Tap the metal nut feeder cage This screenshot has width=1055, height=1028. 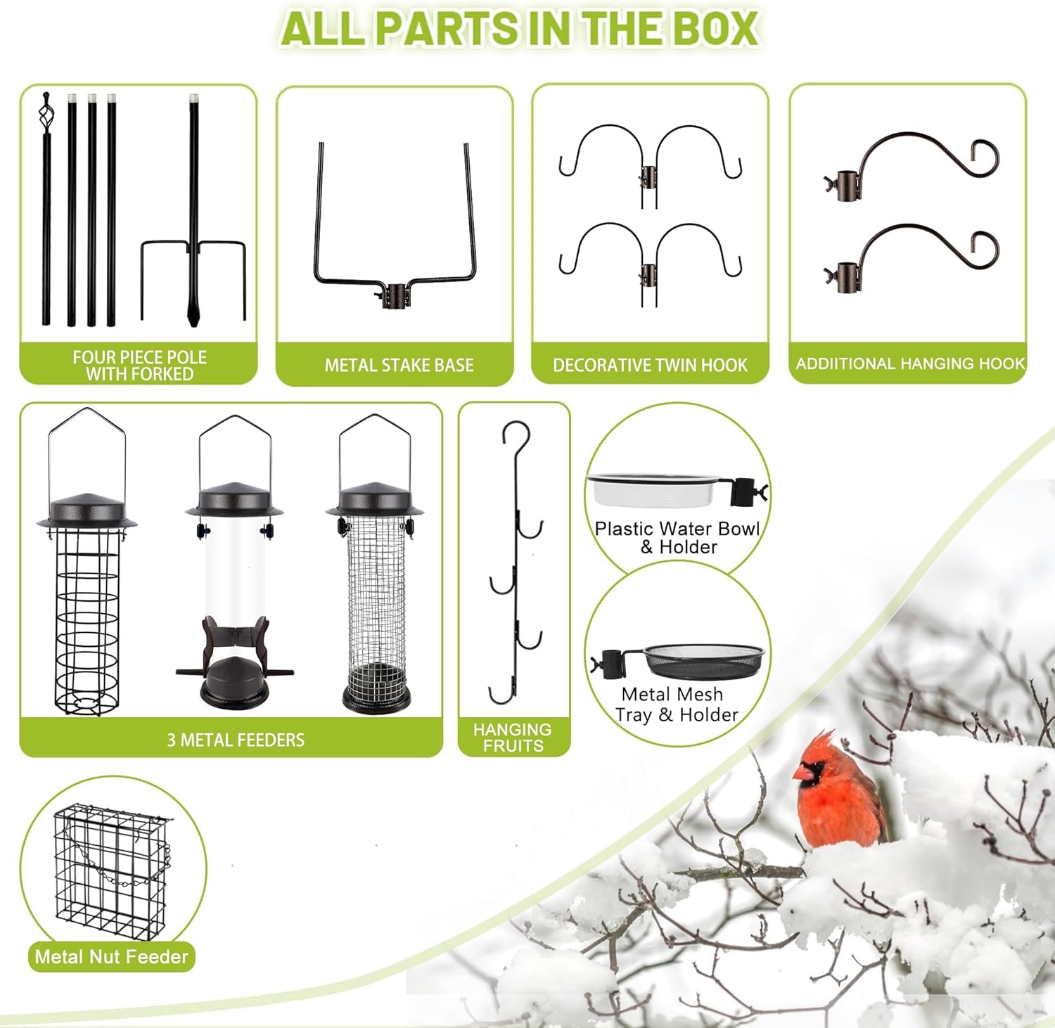pyautogui.click(x=113, y=872)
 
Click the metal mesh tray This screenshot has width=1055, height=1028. pyautogui.click(x=703, y=658)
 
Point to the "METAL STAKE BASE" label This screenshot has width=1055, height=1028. pyautogui.click(x=399, y=365)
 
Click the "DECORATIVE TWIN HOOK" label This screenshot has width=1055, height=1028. pyautogui.click(x=650, y=365)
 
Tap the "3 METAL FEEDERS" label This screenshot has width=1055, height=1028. pyautogui.click(x=236, y=740)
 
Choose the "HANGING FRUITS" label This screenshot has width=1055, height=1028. pyautogui.click(x=513, y=738)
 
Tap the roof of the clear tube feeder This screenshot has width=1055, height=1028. pyautogui.click(x=234, y=499)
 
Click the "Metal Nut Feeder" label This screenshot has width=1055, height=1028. pyautogui.click(x=111, y=956)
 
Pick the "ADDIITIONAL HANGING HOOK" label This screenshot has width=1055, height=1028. pyautogui.click(x=910, y=364)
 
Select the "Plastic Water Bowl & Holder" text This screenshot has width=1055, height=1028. pyautogui.click(x=677, y=538)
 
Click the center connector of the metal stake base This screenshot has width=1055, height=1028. pyautogui.click(x=397, y=294)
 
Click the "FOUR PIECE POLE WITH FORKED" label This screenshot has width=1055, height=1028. pyautogui.click(x=139, y=366)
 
